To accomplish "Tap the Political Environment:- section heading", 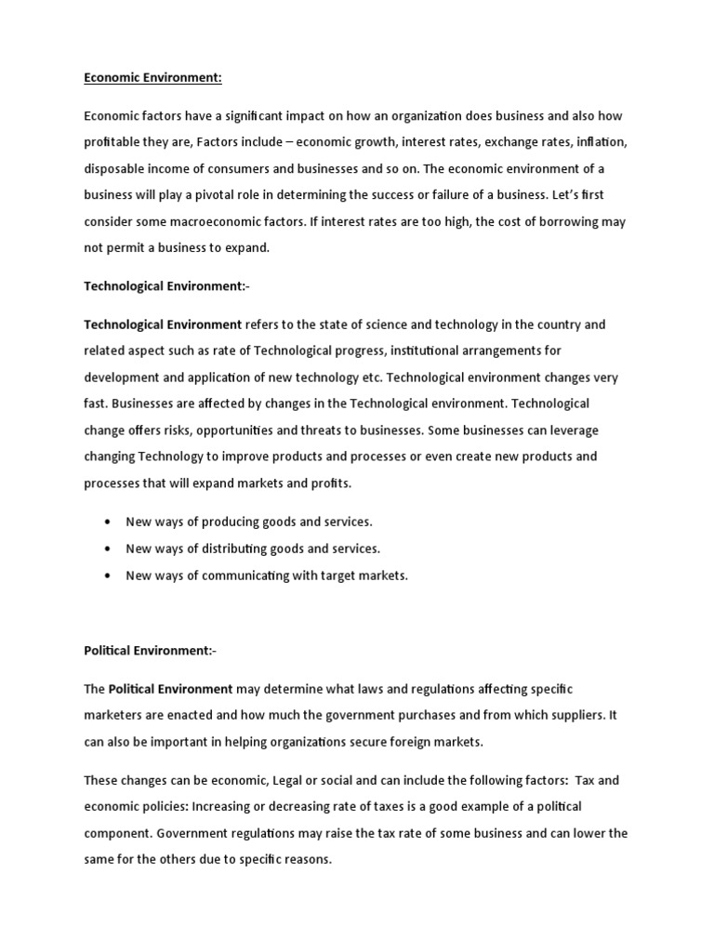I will pos(150,651).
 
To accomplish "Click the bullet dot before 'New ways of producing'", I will pos(109,522).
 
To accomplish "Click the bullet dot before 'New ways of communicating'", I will pos(109,576).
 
